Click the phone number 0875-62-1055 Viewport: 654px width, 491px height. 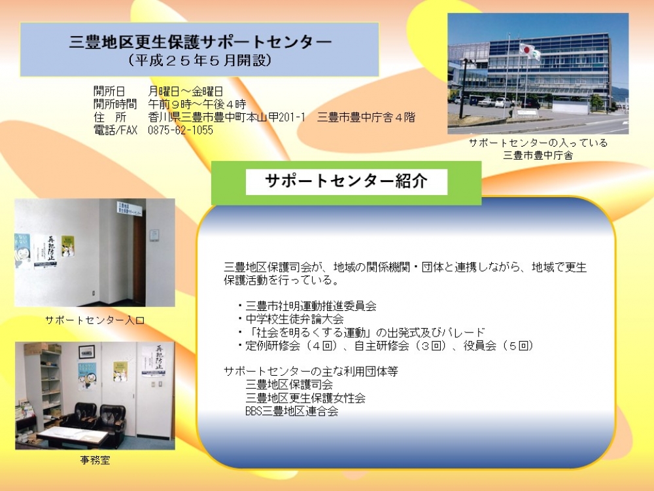[x=181, y=130]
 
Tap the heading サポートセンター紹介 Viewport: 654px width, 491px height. [x=346, y=181]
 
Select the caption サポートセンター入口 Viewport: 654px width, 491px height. [x=95, y=320]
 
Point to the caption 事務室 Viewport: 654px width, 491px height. [x=95, y=460]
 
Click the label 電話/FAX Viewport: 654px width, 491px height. [x=116, y=130]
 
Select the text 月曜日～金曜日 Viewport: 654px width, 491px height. [x=186, y=92]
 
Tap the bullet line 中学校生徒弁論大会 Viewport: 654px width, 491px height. [x=294, y=319]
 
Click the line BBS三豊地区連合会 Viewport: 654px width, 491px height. [x=292, y=411]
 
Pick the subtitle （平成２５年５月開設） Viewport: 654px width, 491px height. [x=199, y=61]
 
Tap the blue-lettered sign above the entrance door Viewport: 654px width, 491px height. [x=129, y=209]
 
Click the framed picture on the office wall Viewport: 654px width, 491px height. [x=87, y=352]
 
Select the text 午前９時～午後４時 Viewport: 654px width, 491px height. [x=197, y=104]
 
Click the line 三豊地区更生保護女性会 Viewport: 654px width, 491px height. [x=305, y=398]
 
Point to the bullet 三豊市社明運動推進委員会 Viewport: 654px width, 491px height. [x=311, y=306]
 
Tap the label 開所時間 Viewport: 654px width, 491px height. [x=115, y=104]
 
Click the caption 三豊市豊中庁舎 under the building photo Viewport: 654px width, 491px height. [x=538, y=155]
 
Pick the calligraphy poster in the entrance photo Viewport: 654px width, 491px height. [x=46, y=251]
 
